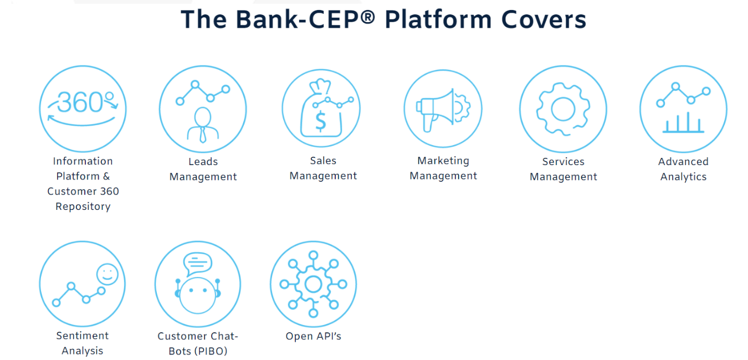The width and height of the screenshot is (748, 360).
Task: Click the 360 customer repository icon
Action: [83, 109]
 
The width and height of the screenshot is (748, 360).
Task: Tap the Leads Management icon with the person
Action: [203, 109]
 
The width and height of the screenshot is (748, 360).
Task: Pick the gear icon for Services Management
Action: [563, 109]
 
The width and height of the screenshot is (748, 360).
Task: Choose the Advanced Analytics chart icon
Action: [683, 109]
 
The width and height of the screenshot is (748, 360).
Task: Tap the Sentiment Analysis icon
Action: [83, 284]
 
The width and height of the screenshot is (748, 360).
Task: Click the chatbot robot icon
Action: [198, 284]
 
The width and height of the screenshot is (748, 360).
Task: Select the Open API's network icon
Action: [313, 284]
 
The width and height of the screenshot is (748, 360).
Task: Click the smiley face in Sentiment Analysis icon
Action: [107, 274]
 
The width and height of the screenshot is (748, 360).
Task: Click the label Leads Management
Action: [203, 169]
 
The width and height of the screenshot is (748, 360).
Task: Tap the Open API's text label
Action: [313, 336]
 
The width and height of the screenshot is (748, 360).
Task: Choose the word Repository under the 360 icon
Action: [83, 207]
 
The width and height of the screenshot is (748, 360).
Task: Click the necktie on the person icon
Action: [203, 133]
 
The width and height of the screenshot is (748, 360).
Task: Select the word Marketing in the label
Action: [443, 161]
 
